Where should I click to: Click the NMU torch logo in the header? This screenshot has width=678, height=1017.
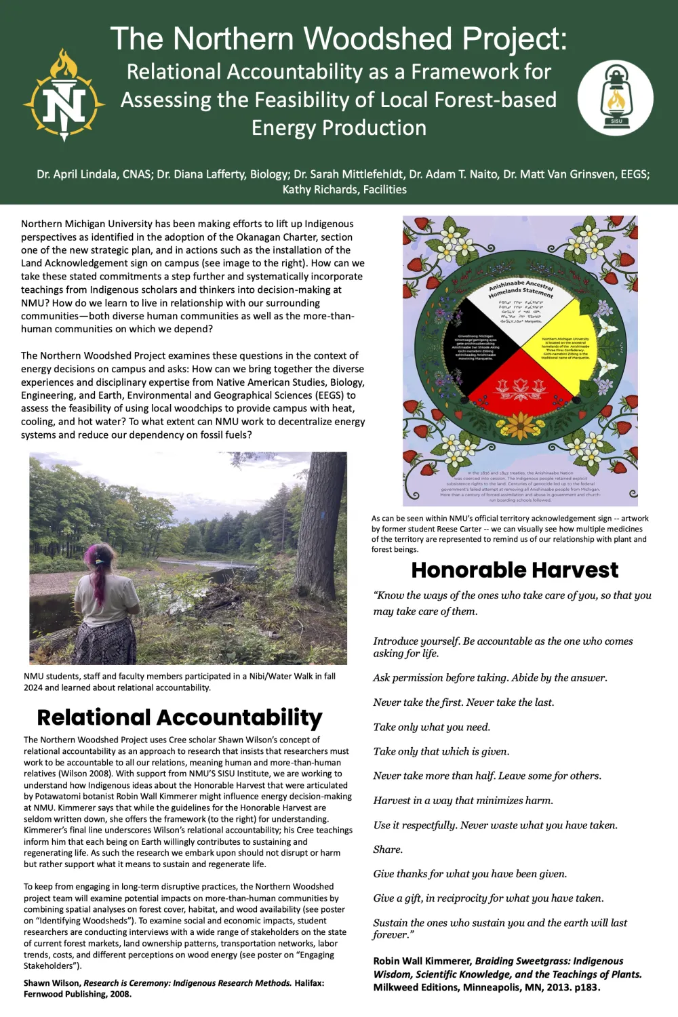click(x=64, y=96)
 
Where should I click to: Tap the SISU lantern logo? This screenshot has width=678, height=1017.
click(x=616, y=98)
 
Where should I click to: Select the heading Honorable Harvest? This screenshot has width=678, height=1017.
click(x=515, y=570)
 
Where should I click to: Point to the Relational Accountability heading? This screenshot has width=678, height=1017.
click(x=180, y=717)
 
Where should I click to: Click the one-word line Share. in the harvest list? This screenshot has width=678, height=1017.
click(x=388, y=850)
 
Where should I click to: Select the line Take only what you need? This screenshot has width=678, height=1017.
click(x=431, y=727)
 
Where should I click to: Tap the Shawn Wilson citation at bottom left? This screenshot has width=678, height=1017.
click(x=174, y=988)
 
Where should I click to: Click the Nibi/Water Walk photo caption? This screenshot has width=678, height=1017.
click(x=180, y=681)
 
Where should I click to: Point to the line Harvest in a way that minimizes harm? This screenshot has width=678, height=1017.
click(x=463, y=801)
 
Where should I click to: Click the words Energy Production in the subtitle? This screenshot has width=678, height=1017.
click(x=339, y=128)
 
